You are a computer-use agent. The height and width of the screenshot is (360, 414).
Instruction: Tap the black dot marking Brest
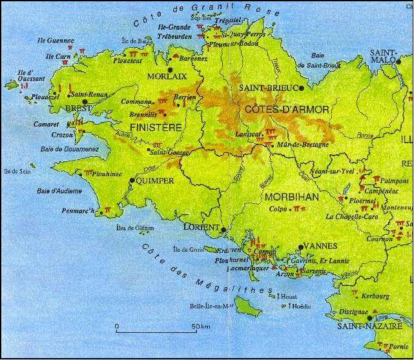tap(85, 102)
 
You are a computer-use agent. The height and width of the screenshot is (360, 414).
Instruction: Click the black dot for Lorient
tap(223, 229)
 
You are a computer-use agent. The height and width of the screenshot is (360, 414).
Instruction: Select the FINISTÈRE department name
tap(156, 128)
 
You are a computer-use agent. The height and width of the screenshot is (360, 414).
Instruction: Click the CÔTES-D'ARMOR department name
tap(287, 110)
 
